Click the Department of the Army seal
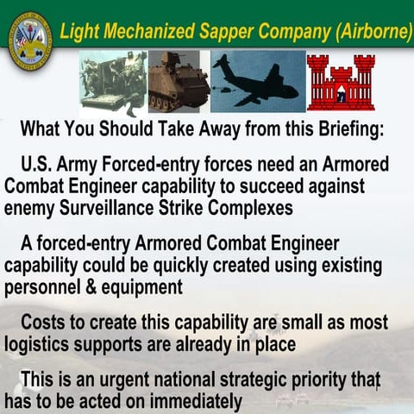pyautogui.click(x=29, y=41)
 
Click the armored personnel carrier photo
pyautogui.click(x=179, y=81)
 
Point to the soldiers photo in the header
pyautogui.click(x=113, y=83)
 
